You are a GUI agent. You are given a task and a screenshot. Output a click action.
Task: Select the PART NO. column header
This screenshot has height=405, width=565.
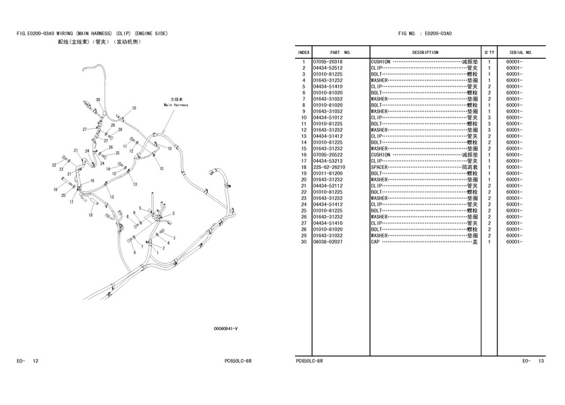[x=340, y=52]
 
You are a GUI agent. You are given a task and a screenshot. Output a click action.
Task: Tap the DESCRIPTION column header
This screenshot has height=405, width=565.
[x=425, y=52]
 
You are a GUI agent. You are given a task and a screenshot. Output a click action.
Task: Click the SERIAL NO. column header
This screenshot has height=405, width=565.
[x=520, y=52]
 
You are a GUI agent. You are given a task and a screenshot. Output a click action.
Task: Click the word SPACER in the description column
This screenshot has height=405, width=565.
[x=379, y=167]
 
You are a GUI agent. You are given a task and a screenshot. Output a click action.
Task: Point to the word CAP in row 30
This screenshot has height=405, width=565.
[x=375, y=241]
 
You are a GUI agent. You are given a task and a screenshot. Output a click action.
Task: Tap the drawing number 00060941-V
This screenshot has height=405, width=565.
[x=225, y=329]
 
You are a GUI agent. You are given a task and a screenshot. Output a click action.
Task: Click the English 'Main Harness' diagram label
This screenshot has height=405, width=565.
[x=176, y=105]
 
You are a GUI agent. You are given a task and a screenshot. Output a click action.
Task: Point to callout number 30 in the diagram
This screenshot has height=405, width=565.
[x=98, y=99]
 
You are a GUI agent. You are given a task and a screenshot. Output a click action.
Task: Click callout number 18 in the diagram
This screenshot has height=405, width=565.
[x=90, y=215]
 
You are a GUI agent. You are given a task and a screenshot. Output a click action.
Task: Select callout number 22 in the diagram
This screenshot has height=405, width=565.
[x=54, y=164]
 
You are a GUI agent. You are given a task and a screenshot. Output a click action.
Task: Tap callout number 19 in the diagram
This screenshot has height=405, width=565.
[x=55, y=190]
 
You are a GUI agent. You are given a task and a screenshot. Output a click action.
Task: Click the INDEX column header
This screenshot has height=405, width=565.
[x=304, y=52]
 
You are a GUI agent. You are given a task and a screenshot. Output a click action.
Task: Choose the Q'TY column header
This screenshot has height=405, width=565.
[x=489, y=52]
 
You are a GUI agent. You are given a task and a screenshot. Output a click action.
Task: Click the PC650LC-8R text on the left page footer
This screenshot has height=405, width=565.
[x=238, y=361]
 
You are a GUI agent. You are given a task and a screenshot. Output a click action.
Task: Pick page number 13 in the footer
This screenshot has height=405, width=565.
[x=541, y=361]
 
